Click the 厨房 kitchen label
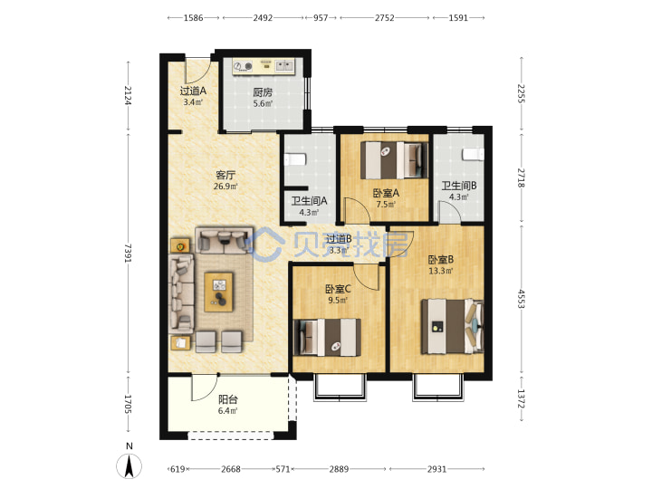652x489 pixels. [263, 92]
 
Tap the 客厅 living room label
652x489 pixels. [225, 175]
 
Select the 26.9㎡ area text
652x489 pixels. [225, 187]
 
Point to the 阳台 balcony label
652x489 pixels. [228, 399]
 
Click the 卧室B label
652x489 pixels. [441, 260]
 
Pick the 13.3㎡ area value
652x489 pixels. [441, 271]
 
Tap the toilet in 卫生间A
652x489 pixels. [295, 159]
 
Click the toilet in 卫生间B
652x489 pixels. [474, 154]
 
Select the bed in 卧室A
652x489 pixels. [394, 160]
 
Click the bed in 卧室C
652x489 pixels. [327, 337]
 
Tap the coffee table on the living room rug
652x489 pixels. [219, 292]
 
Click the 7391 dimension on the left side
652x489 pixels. [128, 254]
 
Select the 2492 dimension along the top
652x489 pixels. [263, 18]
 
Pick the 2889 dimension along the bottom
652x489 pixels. [339, 469]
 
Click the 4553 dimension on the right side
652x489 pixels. [522, 299]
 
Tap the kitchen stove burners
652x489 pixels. [244, 66]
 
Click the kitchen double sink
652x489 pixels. [285, 66]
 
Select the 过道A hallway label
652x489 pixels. [193, 91]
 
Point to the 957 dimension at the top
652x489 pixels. [321, 18]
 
